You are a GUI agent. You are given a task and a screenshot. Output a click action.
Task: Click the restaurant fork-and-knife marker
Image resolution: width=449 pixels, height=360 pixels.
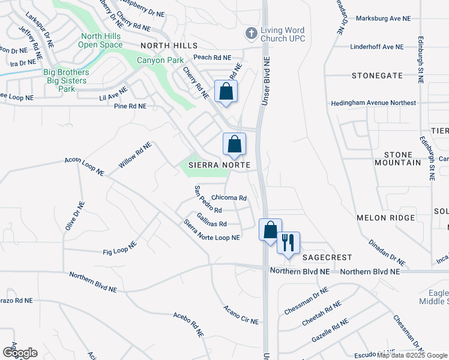[288, 243]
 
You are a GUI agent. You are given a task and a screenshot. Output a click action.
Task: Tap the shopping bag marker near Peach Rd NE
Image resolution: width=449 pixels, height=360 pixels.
[226, 92]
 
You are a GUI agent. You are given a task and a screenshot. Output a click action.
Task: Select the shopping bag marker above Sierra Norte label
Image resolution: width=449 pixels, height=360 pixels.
[235, 145]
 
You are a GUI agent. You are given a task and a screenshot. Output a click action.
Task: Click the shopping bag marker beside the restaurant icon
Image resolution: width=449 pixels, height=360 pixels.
[270, 229]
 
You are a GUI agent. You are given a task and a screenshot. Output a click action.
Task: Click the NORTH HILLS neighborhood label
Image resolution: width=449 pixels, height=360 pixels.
[169, 46]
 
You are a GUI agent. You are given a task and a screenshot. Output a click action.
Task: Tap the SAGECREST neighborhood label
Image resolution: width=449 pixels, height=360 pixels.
[327, 257]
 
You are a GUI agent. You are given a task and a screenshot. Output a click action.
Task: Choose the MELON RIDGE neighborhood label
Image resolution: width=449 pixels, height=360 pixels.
[385, 218]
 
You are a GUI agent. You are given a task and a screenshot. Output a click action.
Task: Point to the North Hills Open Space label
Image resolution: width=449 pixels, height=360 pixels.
[101, 40]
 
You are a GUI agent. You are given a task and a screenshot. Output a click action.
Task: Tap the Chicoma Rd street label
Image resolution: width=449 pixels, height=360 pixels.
[229, 197]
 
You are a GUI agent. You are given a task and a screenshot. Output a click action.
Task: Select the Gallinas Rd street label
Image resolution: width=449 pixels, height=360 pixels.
[211, 224]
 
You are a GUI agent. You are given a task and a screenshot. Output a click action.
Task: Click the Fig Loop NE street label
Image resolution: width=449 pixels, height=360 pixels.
[120, 248]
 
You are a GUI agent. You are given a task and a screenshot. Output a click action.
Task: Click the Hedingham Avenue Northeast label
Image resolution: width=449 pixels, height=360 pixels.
[373, 103]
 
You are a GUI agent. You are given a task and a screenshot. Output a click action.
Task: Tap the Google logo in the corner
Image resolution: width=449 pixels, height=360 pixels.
[20, 352]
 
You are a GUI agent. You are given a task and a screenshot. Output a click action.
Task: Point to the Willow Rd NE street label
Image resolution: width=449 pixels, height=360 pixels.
[135, 155]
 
